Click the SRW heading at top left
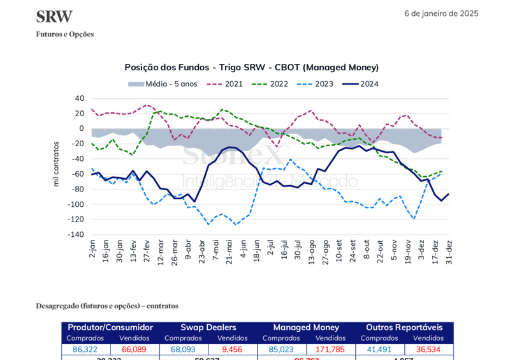[54, 17]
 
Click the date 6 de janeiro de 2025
[441, 13]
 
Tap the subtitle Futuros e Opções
[65, 34]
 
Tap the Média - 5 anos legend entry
[163, 84]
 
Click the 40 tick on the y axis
[79, 98]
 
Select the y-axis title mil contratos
[56, 164]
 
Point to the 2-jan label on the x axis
[93, 249]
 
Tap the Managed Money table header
[306, 327]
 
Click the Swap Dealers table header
[208, 327]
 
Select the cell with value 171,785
[330, 350]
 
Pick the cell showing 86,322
[85, 350]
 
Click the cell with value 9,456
[232, 350]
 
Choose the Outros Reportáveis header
[404, 327]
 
